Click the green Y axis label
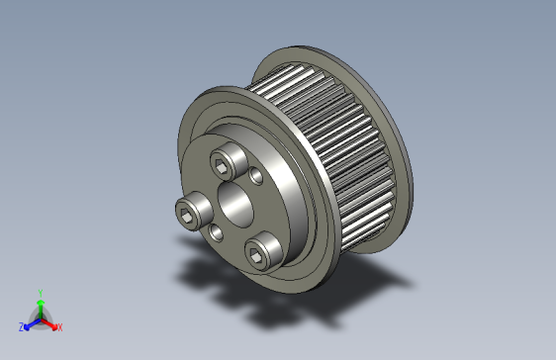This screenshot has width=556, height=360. [x=40, y=292]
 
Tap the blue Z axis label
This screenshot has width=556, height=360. [x=21, y=326]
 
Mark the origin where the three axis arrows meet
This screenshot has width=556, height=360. [x=40, y=317]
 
